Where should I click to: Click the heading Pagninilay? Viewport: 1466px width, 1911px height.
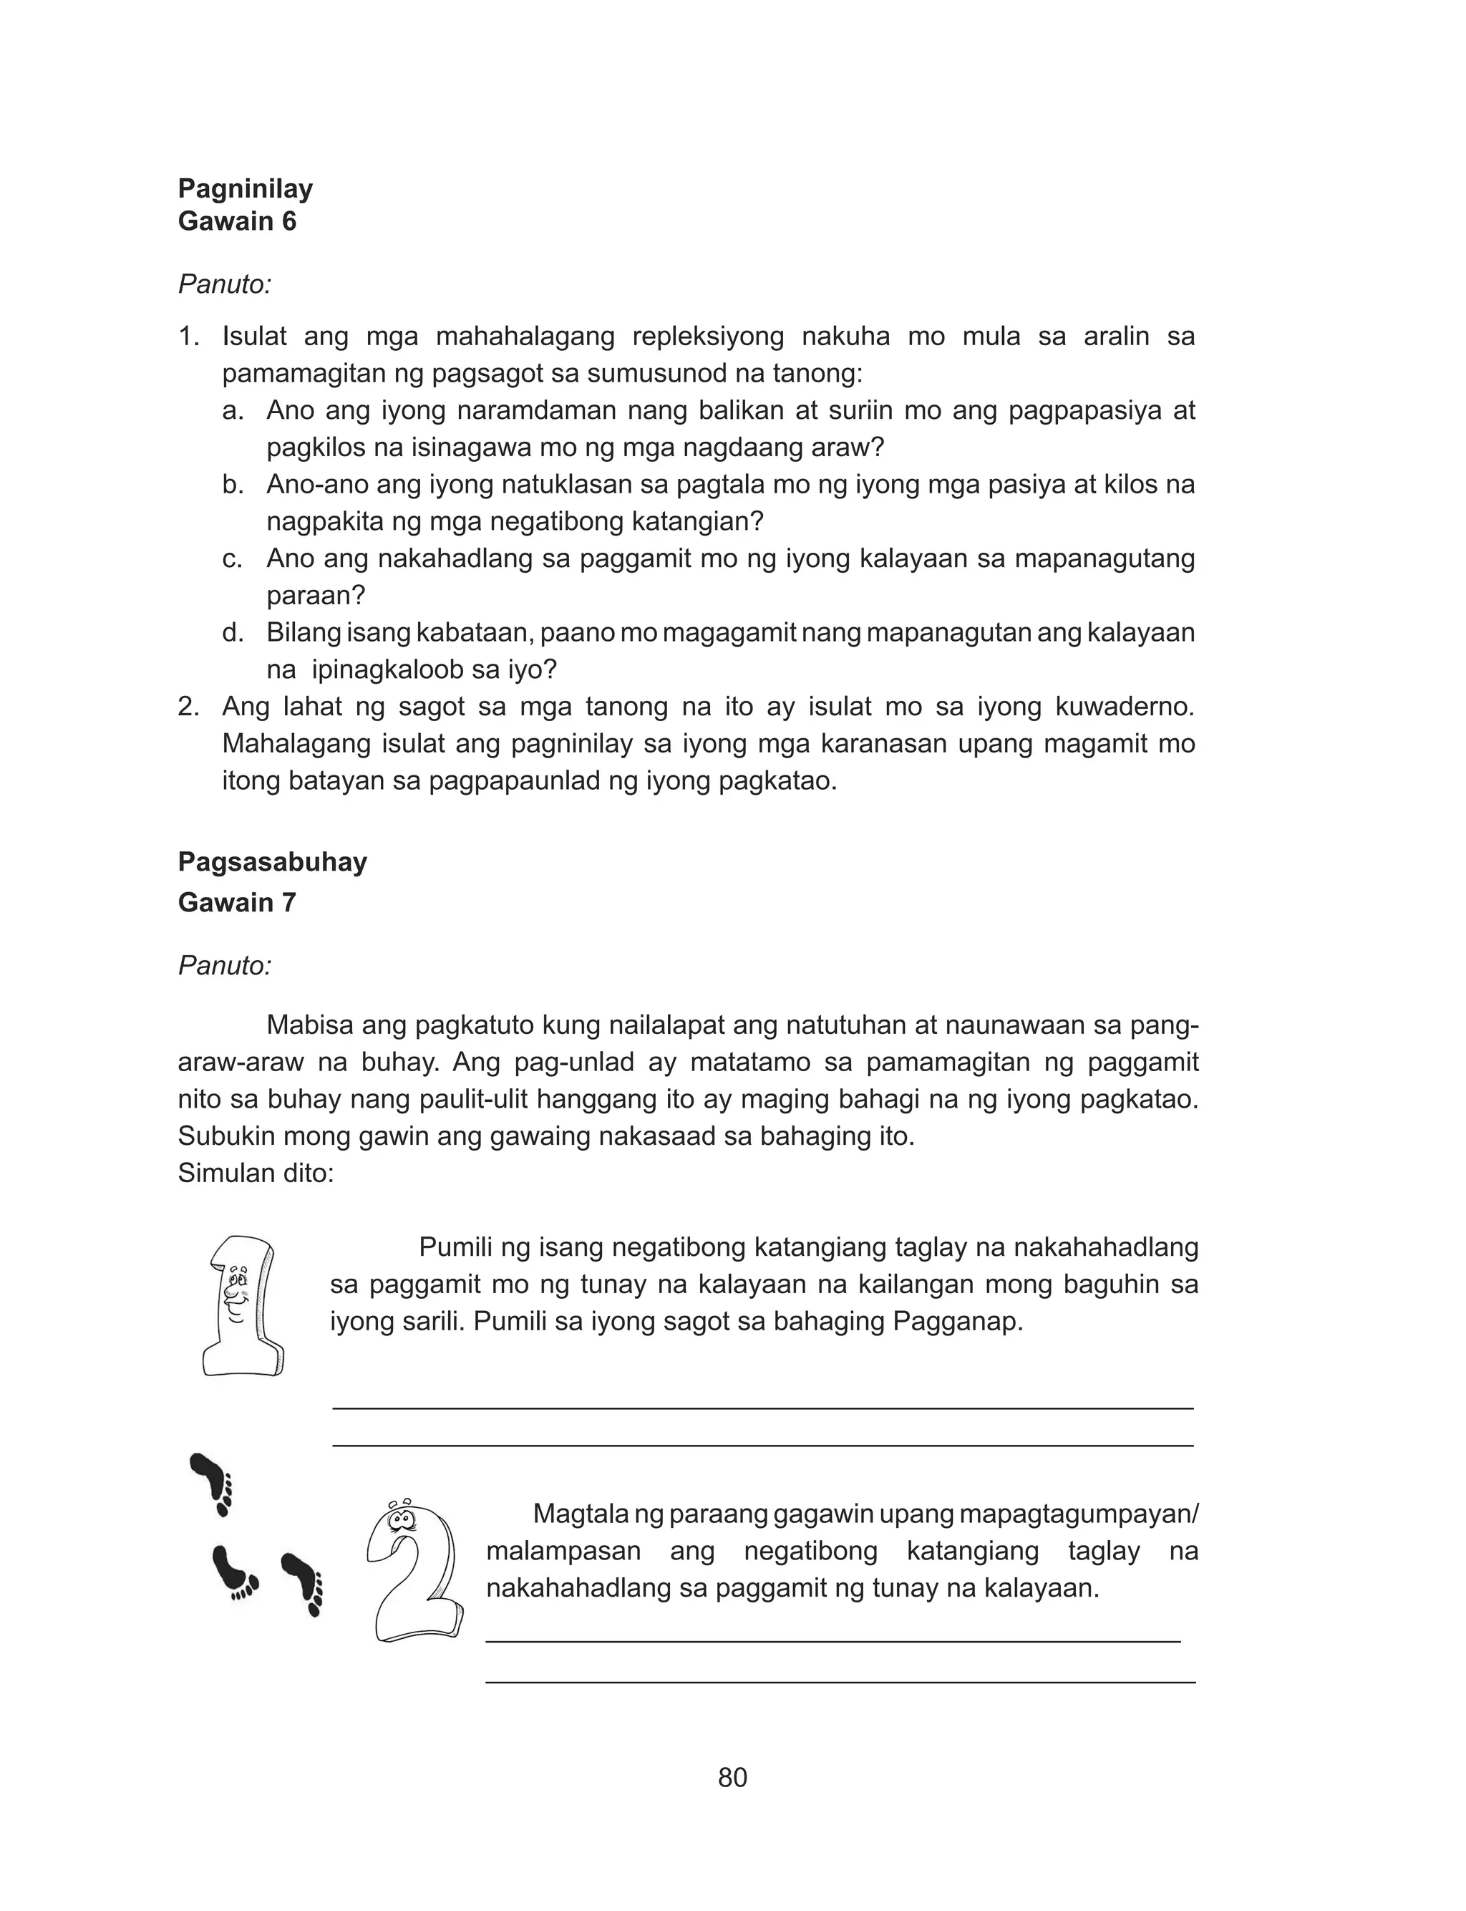[246, 188]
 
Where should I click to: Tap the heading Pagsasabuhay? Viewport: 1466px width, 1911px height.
[272, 861]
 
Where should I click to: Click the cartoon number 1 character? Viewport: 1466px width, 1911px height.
[241, 1306]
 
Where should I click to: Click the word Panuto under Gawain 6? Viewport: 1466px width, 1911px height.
[224, 284]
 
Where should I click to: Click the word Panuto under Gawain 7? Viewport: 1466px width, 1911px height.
[224, 965]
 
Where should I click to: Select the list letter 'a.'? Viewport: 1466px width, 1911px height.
[232, 410]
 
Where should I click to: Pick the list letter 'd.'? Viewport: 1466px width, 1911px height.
[232, 633]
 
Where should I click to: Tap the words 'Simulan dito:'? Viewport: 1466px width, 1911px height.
[256, 1173]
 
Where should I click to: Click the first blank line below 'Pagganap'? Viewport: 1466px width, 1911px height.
[762, 1408]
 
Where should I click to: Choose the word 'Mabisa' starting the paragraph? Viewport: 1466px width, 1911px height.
[310, 1025]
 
